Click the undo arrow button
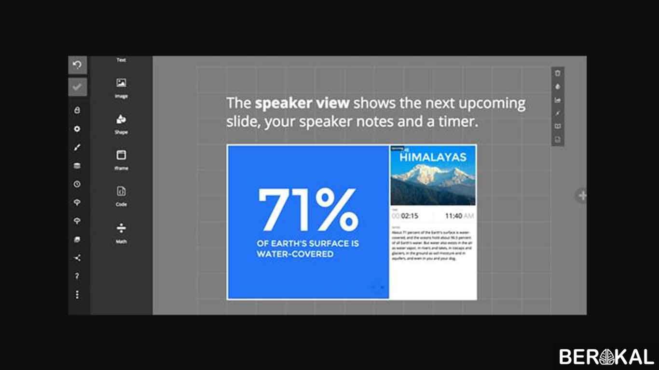click(x=77, y=65)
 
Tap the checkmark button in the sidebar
click(x=77, y=87)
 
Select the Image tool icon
click(x=121, y=83)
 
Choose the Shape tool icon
click(x=121, y=119)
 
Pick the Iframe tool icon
click(x=121, y=155)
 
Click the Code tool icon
click(x=121, y=191)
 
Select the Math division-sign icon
click(x=121, y=227)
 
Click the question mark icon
click(x=77, y=277)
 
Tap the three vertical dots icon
click(x=77, y=295)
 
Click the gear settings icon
click(x=77, y=129)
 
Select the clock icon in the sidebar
click(x=77, y=184)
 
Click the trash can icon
click(x=558, y=73)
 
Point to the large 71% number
click(x=307, y=210)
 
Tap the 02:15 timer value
click(x=409, y=216)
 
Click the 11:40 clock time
click(x=453, y=216)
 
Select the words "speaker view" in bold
click(x=302, y=103)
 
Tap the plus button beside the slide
click(x=582, y=196)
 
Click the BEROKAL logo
click(x=606, y=357)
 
